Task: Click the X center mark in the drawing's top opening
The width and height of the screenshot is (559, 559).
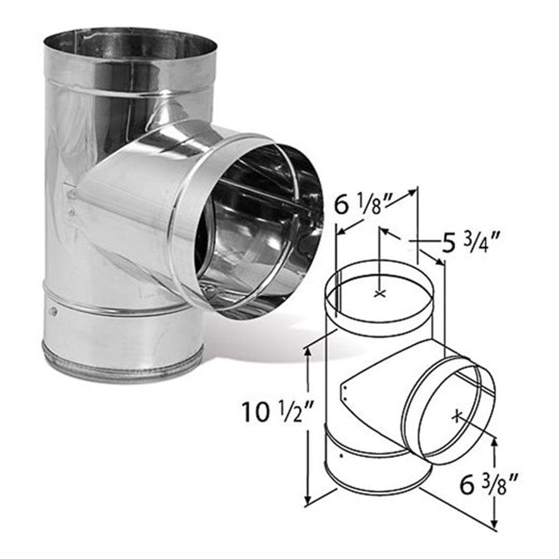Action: pos(380,294)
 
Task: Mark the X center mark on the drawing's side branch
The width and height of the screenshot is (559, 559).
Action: pos(457,416)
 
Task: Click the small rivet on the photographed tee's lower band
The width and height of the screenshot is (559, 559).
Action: pos(53,310)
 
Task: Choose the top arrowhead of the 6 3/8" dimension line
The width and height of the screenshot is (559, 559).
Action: pos(494,440)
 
